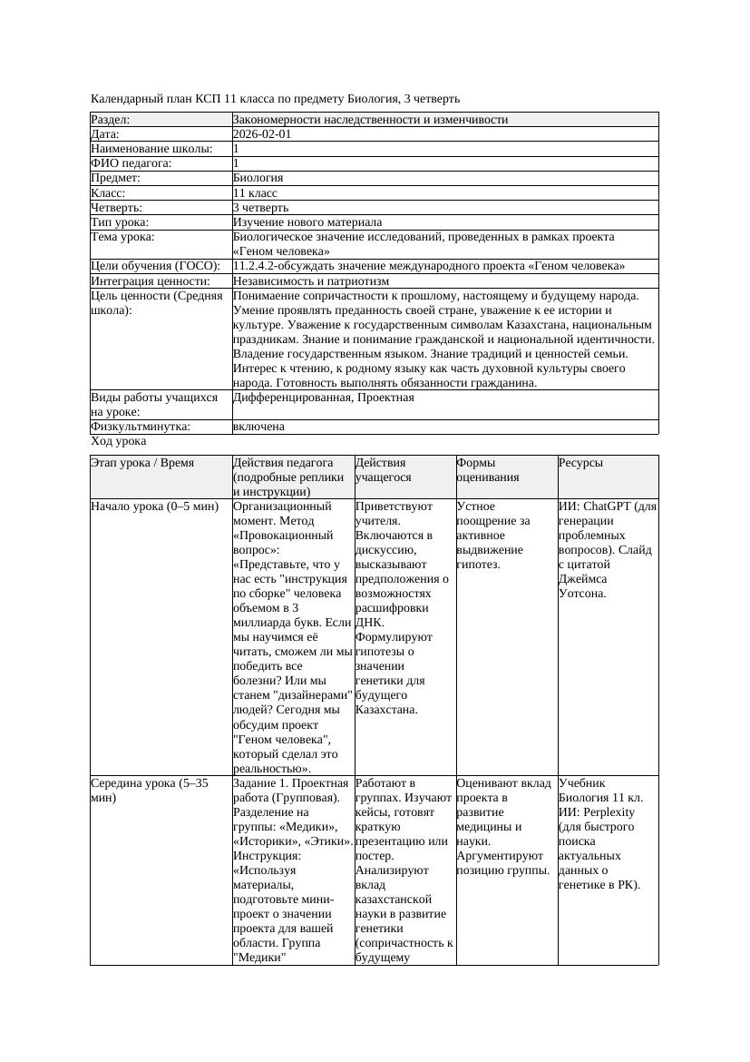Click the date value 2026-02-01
262,134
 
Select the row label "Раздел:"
111,120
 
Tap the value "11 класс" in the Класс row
255,193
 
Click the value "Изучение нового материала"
307,222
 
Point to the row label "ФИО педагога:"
131,163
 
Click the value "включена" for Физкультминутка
258,427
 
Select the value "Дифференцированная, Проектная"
324,398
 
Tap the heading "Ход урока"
119,441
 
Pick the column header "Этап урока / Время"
142,463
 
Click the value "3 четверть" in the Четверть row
260,208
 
